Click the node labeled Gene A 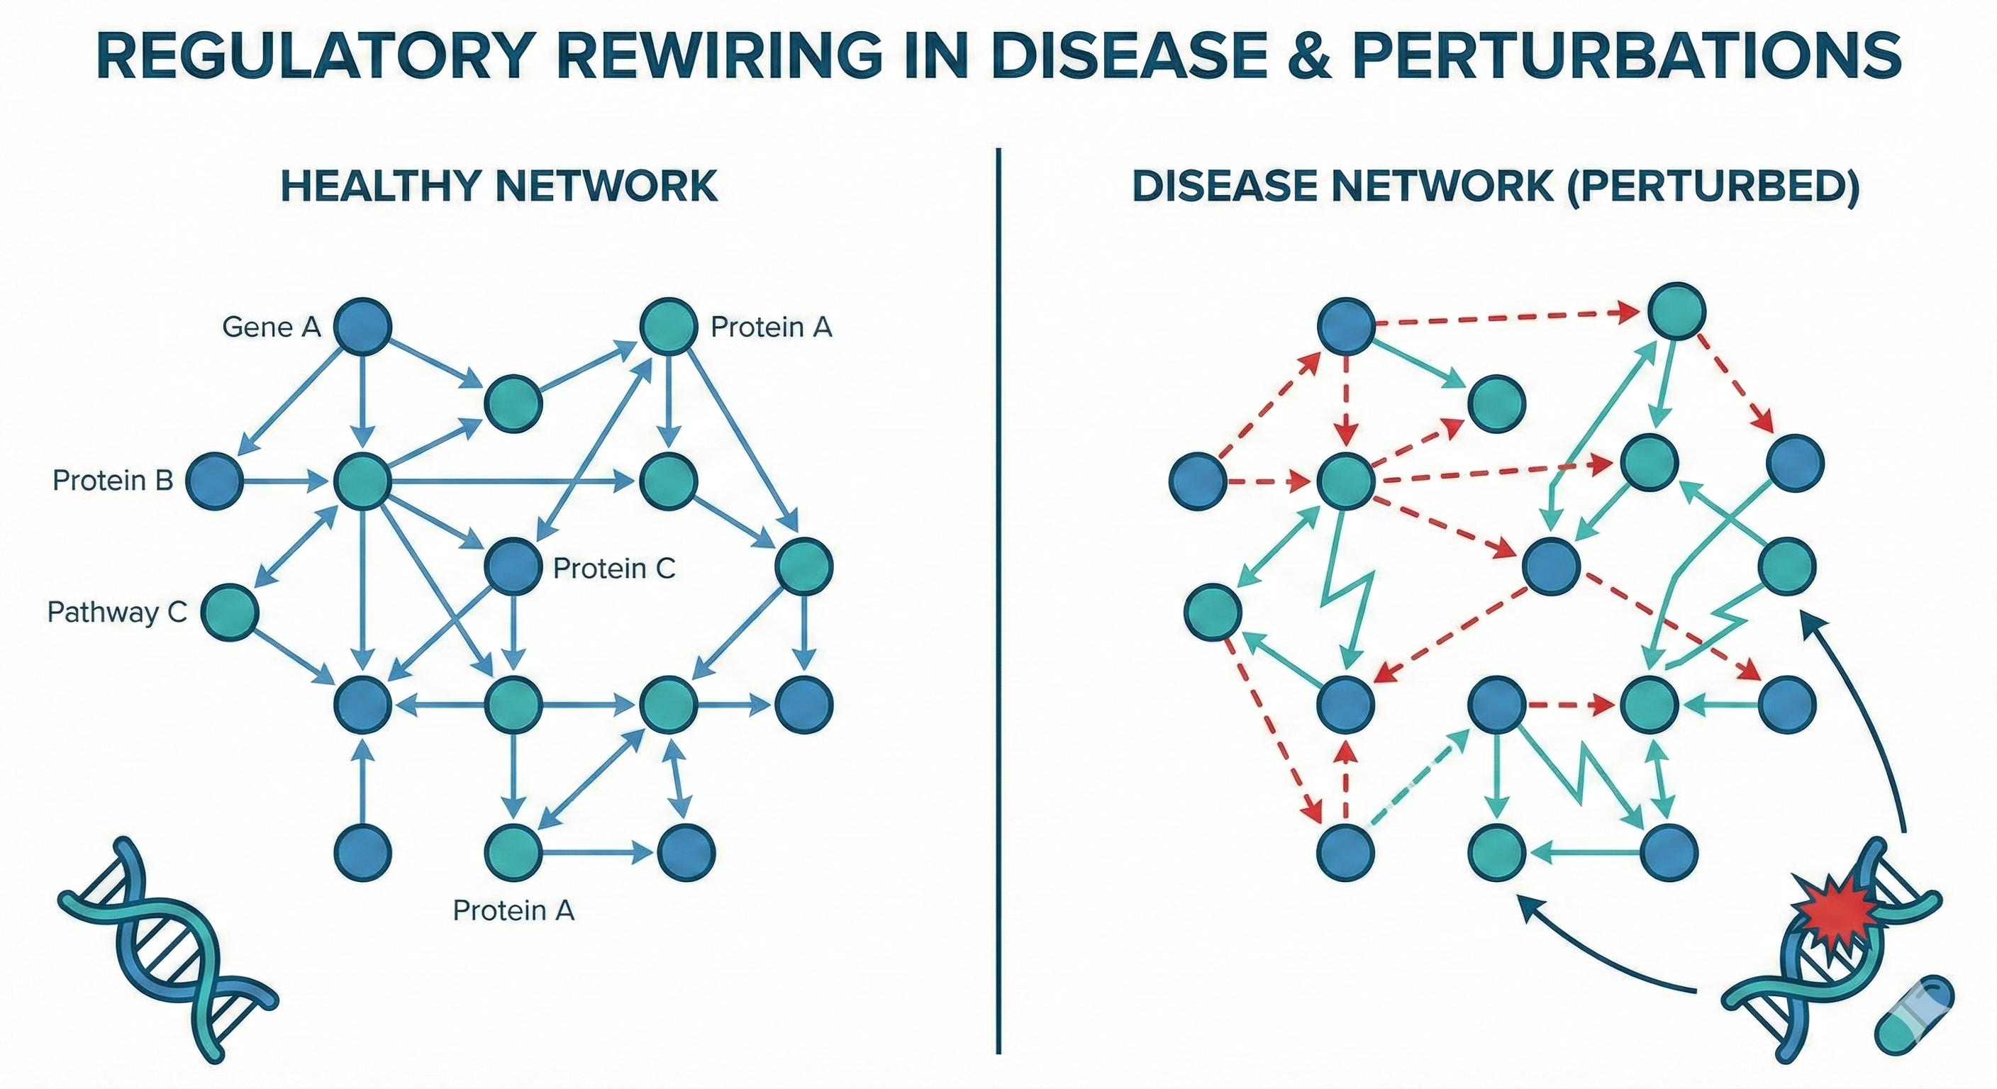pos(362,327)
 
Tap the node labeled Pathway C pos(230,613)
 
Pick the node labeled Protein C pos(513,567)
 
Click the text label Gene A pos(272,327)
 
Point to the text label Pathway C pos(117,613)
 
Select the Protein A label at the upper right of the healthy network pos(772,327)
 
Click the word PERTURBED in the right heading pos(1713,186)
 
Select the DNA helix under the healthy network pos(167,949)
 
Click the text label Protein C pos(614,568)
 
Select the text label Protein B pos(113,481)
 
